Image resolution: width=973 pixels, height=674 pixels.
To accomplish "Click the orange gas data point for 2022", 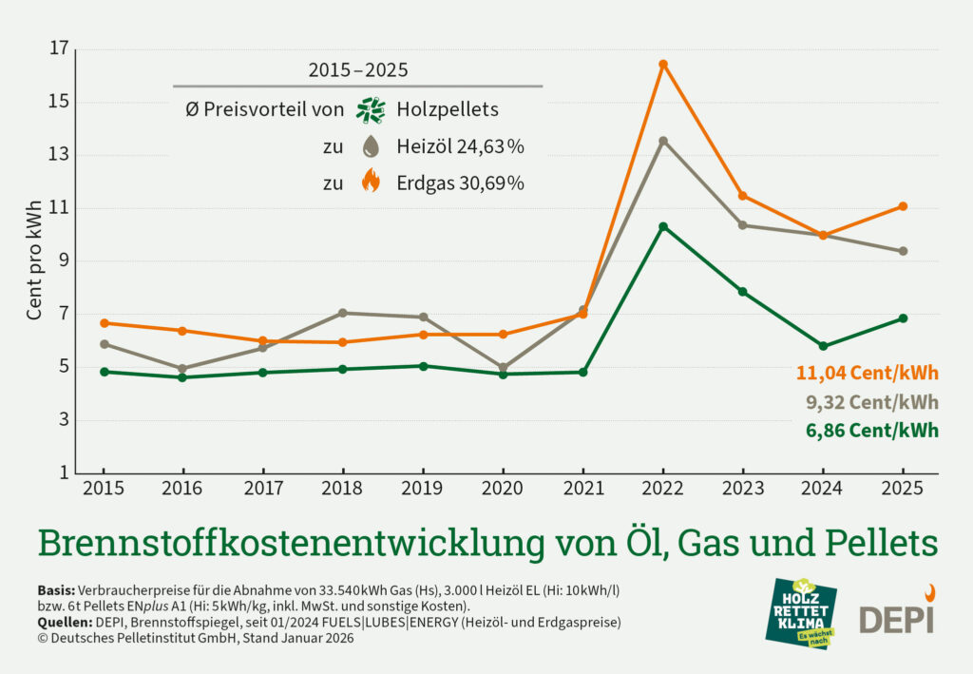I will pyautogui.click(x=663, y=65).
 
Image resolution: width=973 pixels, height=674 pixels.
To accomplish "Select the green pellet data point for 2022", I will pyautogui.click(x=663, y=226).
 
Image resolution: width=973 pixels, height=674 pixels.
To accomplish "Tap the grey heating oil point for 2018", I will pyautogui.click(x=343, y=313).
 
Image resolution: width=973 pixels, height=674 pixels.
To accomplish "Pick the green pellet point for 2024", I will pyautogui.click(x=823, y=346).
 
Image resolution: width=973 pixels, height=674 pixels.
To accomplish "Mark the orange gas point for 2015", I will pyautogui.click(x=104, y=323).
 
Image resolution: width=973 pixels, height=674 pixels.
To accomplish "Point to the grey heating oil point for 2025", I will pyautogui.click(x=903, y=251).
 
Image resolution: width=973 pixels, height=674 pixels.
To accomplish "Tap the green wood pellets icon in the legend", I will pyautogui.click(x=370, y=110).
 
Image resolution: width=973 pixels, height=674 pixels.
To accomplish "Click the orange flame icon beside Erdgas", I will pyautogui.click(x=371, y=181).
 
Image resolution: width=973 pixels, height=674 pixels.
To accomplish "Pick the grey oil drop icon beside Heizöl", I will pyautogui.click(x=371, y=146).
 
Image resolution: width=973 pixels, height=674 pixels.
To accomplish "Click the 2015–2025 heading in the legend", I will pyautogui.click(x=358, y=69).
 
